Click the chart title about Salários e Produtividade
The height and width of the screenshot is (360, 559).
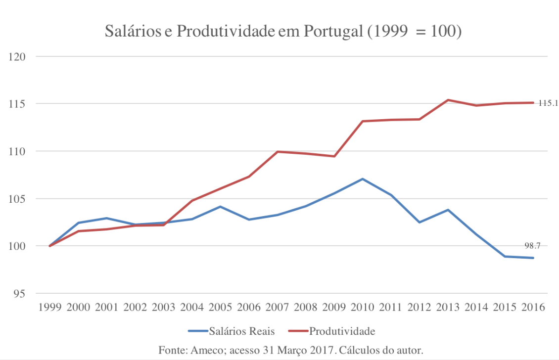click(283, 31)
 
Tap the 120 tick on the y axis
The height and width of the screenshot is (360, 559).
click(17, 56)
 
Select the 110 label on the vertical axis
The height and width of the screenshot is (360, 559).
click(17, 151)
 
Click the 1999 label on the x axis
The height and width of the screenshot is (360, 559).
click(49, 307)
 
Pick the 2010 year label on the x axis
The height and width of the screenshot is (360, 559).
click(363, 307)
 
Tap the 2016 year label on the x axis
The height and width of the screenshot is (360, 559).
click(533, 307)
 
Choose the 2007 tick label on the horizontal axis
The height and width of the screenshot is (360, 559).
click(277, 307)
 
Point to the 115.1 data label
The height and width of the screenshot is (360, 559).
click(548, 103)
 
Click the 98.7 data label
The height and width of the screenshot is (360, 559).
click(533, 245)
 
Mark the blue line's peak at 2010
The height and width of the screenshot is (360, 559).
click(363, 179)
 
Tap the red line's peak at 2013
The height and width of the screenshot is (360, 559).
click(448, 100)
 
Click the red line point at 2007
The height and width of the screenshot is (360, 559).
click(277, 152)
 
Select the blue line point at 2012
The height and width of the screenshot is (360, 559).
click(419, 223)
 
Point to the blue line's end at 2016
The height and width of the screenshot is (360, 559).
click(533, 258)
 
